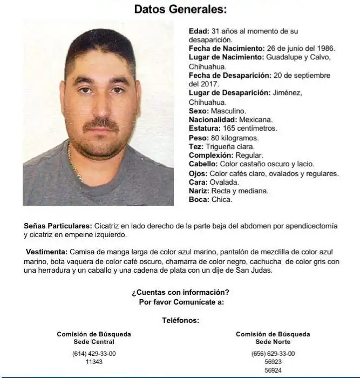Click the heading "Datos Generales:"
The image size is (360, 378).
(180, 9)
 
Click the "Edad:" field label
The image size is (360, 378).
(198, 31)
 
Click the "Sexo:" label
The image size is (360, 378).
(198, 111)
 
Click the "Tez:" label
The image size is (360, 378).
(196, 146)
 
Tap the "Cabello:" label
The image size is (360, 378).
(203, 164)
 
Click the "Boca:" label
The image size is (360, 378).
(199, 199)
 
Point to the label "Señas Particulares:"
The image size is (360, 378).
(58, 226)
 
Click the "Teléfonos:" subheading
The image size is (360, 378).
(180, 320)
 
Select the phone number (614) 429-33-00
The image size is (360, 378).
(94, 354)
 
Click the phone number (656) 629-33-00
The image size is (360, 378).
(273, 354)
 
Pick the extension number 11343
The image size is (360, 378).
(94, 362)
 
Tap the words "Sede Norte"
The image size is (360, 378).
(273, 342)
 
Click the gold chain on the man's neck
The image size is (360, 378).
(77, 172)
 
